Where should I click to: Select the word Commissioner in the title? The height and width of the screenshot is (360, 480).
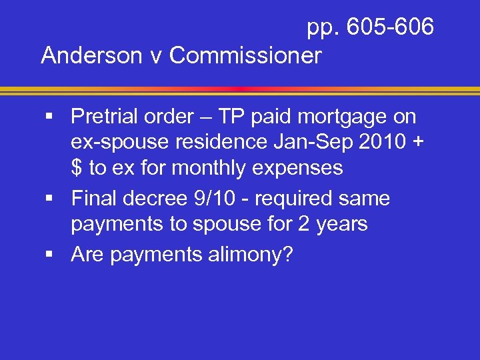[x=245, y=55]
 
